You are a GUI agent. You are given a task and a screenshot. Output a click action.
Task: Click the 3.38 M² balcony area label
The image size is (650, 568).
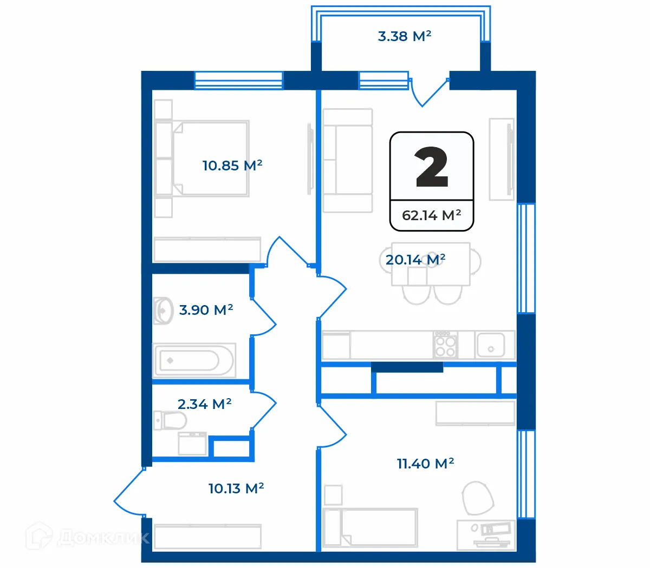pyautogui.click(x=404, y=36)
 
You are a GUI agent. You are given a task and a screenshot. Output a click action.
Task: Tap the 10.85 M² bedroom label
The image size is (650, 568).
pyautogui.click(x=232, y=165)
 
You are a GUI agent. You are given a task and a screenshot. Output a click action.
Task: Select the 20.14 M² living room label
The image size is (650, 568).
pyautogui.click(x=415, y=260)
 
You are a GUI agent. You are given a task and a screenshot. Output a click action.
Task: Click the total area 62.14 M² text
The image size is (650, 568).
pyautogui.click(x=431, y=215)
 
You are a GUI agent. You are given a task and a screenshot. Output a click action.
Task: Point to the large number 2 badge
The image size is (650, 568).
pyautogui.click(x=432, y=168)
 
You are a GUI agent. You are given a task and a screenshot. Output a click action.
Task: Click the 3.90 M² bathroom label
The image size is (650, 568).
pyautogui.click(x=206, y=310)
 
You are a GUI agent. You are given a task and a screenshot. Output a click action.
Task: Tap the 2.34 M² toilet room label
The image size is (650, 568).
pyautogui.click(x=204, y=404)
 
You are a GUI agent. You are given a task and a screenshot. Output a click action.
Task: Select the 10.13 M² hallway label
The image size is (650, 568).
pyautogui.click(x=236, y=488)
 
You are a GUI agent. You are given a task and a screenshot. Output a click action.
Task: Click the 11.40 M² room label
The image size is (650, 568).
pyautogui.click(x=425, y=464)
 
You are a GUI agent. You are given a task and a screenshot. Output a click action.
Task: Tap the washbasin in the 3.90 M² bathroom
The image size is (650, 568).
pyautogui.click(x=162, y=311)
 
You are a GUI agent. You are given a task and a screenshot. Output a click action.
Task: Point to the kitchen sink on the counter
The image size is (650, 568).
pyautogui.click(x=490, y=345)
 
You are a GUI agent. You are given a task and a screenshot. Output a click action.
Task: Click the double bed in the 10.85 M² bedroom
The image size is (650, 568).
pyautogui.click(x=209, y=158)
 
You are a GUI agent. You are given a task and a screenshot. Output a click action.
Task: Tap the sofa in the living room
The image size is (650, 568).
pyautogui.click(x=347, y=161)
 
